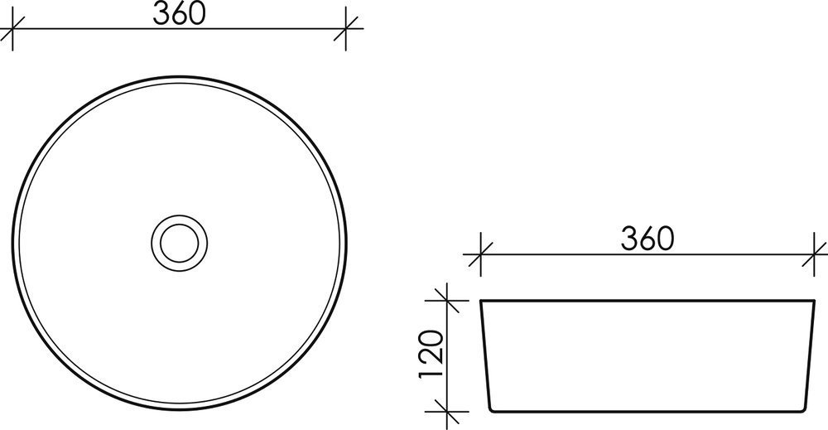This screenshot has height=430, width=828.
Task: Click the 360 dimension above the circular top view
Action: (x=179, y=14)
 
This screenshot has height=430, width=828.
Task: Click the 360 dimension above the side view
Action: (x=647, y=239)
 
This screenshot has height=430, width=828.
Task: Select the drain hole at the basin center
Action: (x=180, y=243)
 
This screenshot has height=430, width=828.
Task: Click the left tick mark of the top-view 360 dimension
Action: (x=12, y=28)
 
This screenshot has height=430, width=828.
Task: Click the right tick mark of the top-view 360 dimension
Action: (x=346, y=28)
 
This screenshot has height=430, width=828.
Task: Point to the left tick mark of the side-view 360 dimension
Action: (x=480, y=254)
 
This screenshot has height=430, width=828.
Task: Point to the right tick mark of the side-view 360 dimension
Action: (x=814, y=254)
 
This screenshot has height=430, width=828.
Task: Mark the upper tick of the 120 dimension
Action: (x=447, y=300)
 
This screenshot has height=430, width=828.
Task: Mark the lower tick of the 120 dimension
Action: (x=447, y=412)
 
